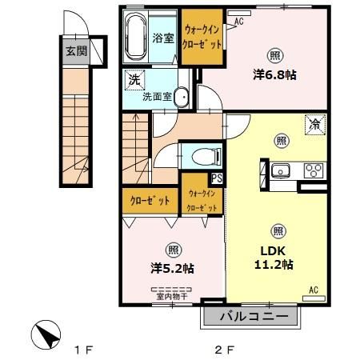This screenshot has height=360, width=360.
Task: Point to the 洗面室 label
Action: [x=157, y=97]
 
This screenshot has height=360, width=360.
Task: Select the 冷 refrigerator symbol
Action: [x=315, y=125]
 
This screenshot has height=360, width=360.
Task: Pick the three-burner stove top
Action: [x=312, y=170]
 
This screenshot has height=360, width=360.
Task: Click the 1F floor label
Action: [x=85, y=350]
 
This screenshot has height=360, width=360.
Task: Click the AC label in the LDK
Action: [x=314, y=290]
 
